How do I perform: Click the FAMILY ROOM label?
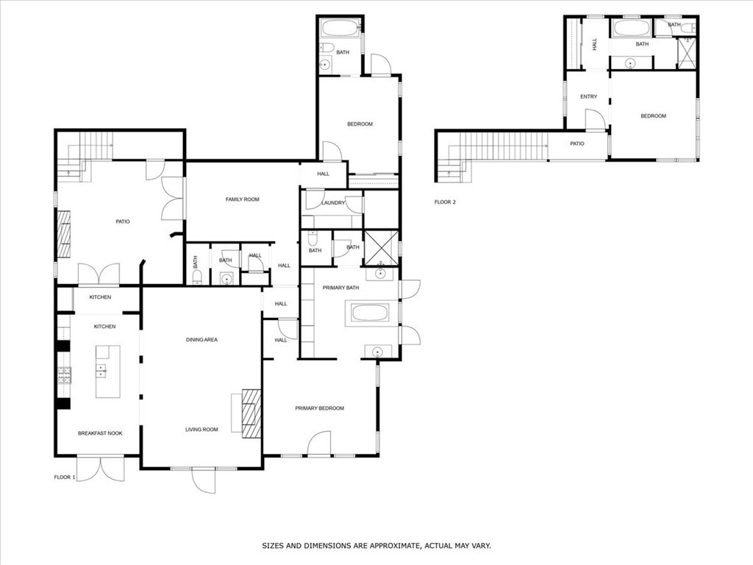(242, 199)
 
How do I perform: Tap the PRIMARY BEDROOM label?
(319, 408)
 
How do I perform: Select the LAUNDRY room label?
(333, 203)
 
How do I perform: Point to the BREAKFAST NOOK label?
(100, 433)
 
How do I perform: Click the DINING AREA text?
(201, 340)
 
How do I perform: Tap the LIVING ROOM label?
(201, 430)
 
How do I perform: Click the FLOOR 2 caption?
(445, 202)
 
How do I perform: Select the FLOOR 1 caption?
(65, 477)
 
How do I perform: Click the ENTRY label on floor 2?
(588, 96)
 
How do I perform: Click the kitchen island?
(107, 372)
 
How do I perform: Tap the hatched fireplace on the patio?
(64, 235)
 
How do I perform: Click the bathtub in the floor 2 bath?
(632, 28)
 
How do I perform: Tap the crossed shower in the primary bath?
(381, 248)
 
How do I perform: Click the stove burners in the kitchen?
(65, 375)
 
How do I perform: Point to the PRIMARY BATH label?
(340, 288)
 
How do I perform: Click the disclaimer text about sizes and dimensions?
(376, 546)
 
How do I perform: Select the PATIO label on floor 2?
(577, 143)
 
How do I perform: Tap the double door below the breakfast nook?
(101, 469)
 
